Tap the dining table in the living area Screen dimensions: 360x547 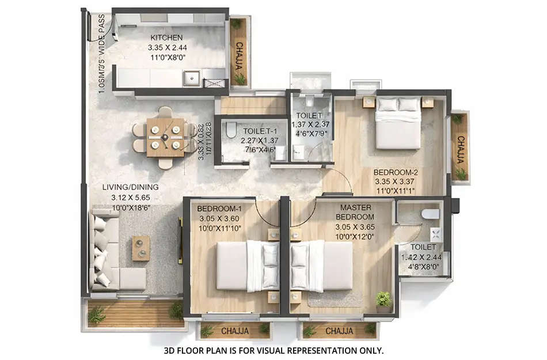165,137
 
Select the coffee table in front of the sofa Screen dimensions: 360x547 140,248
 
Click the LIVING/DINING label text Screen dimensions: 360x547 131,187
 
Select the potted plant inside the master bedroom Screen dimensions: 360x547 383,300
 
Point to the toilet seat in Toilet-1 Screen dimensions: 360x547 231,130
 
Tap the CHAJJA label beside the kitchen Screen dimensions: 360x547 239,56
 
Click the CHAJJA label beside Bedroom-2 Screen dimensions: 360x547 460,146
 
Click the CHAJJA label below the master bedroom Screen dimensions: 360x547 339,331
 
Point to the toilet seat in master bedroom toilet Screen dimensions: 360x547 430,214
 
